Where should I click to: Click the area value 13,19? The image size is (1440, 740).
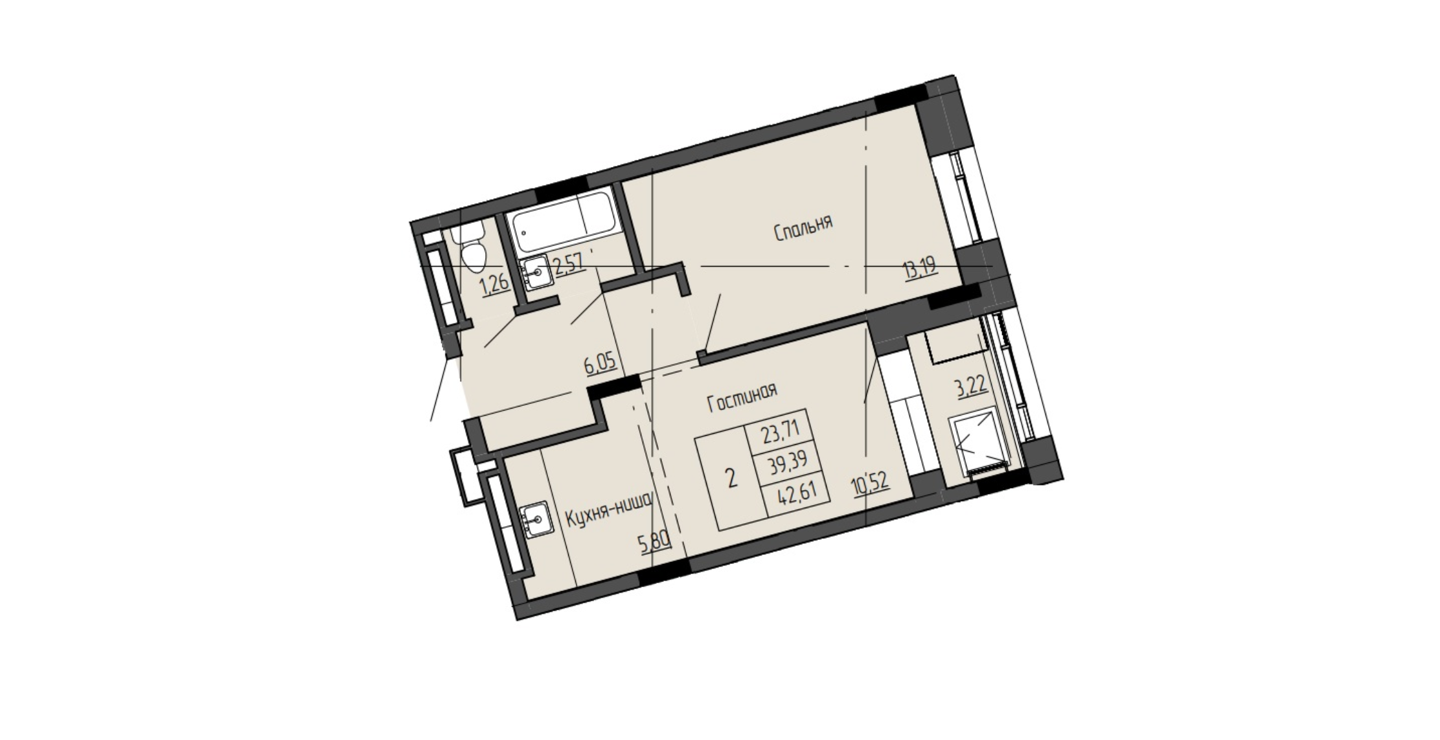(920, 266)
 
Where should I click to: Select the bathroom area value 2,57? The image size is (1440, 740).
(569, 264)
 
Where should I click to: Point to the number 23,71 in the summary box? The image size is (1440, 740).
(781, 430)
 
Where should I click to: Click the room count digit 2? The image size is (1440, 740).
(733, 480)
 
